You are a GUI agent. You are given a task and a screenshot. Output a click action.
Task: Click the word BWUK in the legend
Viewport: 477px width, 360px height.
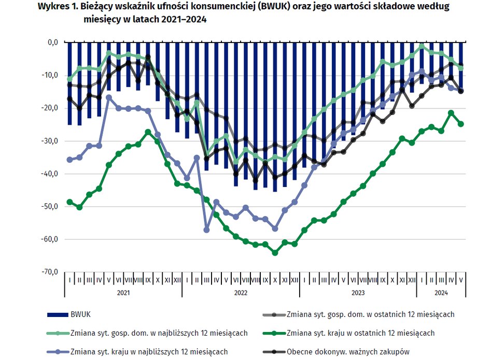click(79, 314)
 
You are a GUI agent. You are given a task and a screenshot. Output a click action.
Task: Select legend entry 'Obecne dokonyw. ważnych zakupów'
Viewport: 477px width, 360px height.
click(347, 352)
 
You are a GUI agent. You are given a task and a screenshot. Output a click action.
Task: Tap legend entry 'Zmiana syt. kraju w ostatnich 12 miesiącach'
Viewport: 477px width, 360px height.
click(360, 333)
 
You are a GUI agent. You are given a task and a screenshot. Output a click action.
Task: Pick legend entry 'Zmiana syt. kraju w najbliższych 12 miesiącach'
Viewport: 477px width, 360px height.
click(148, 352)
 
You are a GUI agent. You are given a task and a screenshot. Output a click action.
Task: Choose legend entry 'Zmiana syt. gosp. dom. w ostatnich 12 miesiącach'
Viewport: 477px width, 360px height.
click(370, 314)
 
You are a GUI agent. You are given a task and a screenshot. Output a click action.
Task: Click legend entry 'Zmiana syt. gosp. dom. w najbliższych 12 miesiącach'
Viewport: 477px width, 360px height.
click(158, 333)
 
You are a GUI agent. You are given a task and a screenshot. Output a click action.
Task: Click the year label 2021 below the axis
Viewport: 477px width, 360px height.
click(123, 293)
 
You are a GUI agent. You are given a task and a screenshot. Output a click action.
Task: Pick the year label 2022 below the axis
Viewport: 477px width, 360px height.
click(241, 293)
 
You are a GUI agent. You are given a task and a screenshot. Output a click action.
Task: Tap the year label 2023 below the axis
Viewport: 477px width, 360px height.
click(358, 293)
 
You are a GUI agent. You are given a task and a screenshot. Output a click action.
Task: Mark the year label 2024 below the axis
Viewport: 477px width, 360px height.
click(441, 293)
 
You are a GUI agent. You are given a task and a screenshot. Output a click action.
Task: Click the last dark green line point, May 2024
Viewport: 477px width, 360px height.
click(460, 124)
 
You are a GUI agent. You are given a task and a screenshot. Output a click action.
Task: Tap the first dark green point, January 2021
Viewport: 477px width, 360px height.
click(69, 202)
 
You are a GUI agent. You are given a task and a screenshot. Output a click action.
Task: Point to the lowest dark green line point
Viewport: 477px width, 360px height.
click(275, 253)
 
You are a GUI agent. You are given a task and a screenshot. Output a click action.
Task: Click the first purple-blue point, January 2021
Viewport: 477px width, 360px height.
click(69, 160)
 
